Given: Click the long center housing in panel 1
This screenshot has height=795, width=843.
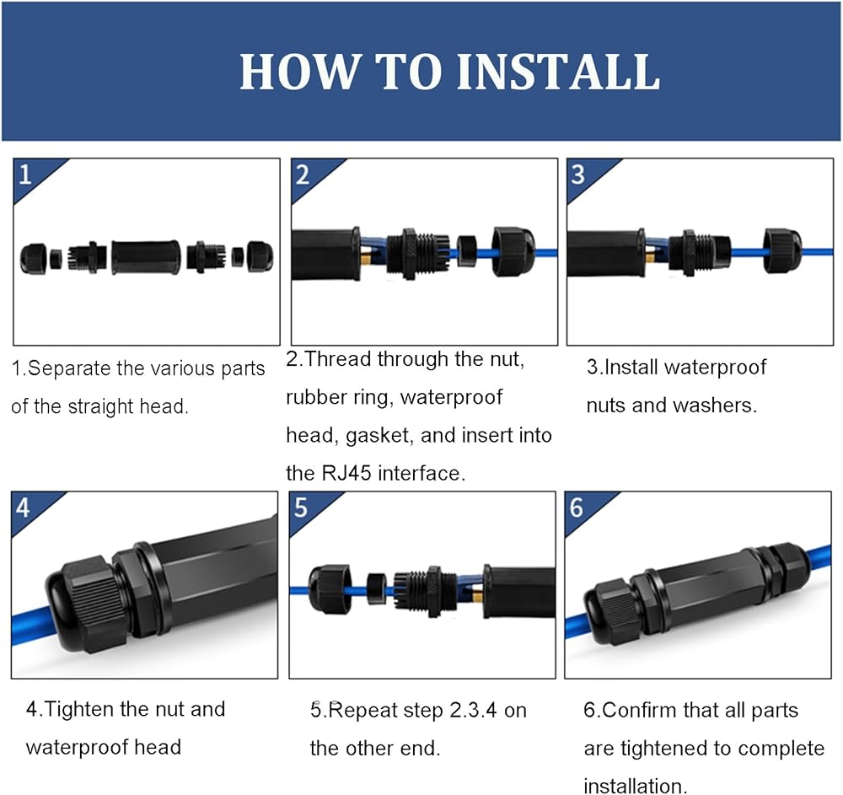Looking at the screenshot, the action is pos(146,257).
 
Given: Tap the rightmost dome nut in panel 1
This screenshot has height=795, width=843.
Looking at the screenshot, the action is pos(260,256).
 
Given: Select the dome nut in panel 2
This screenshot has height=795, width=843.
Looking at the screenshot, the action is pos(513,251).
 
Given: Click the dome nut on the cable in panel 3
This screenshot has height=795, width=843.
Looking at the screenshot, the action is pos(783,250).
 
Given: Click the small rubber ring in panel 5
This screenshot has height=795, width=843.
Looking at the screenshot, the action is pos(377,589).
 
